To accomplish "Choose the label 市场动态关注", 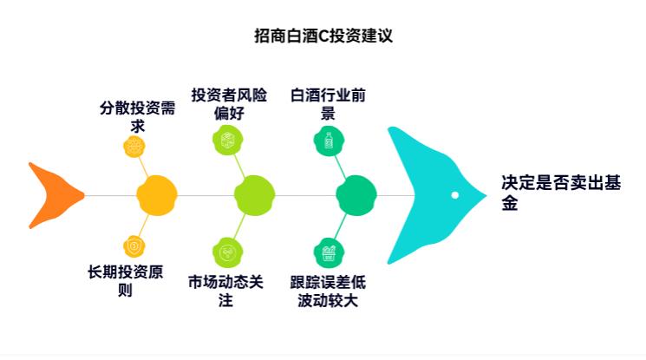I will click(x=226, y=291).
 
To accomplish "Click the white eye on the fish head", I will click(x=454, y=195).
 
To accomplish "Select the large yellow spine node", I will click(x=157, y=195).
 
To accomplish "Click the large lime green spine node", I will click(x=254, y=195).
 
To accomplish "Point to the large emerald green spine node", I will click(x=356, y=195).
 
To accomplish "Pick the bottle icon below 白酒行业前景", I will click(x=328, y=140).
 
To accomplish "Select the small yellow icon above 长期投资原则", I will click(x=134, y=246).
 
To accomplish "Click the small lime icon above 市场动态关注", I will click(x=227, y=252).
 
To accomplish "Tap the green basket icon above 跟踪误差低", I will click(x=328, y=252).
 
